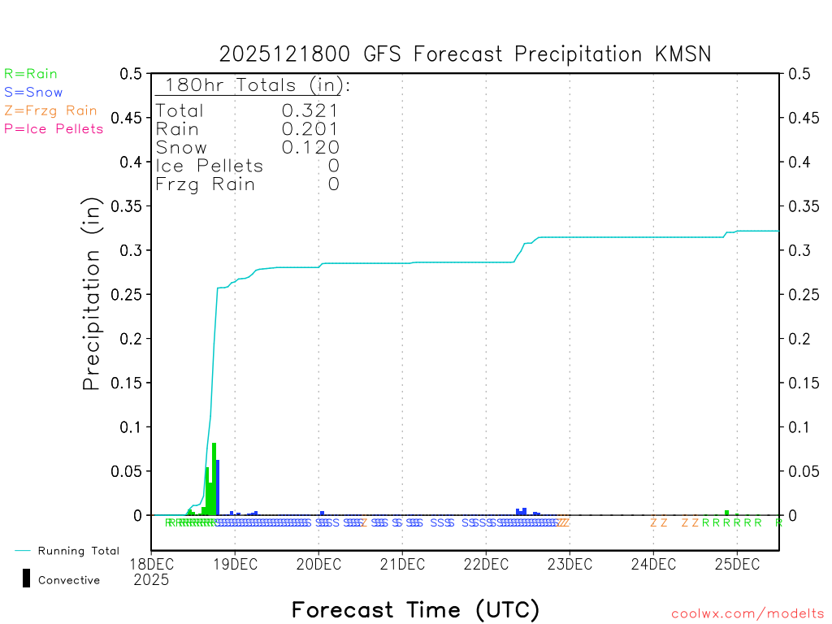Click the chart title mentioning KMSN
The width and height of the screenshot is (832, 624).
pos(465,54)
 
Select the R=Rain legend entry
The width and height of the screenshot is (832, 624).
pos(31,74)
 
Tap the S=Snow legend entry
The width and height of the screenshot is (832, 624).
pos(33,93)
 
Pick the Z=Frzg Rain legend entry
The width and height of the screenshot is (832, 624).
pos(50,110)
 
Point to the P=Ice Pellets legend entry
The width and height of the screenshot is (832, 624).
pos(54,128)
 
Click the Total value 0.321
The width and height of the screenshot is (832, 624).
pos(310,110)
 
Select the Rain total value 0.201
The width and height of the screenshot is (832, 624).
pos(310,129)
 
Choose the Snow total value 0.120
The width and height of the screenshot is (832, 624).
pos(310,147)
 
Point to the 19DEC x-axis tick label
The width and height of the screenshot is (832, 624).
pos(235,563)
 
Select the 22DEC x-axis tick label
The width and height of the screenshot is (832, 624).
pos(486,563)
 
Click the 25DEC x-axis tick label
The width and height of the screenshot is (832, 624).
pos(737,563)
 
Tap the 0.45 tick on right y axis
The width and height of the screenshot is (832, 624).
pos(798,118)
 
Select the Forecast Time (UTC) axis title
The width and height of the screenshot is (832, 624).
pos(415,609)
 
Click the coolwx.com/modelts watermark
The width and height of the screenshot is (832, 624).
pos(747,614)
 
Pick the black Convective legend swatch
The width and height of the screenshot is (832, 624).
pos(27,578)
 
